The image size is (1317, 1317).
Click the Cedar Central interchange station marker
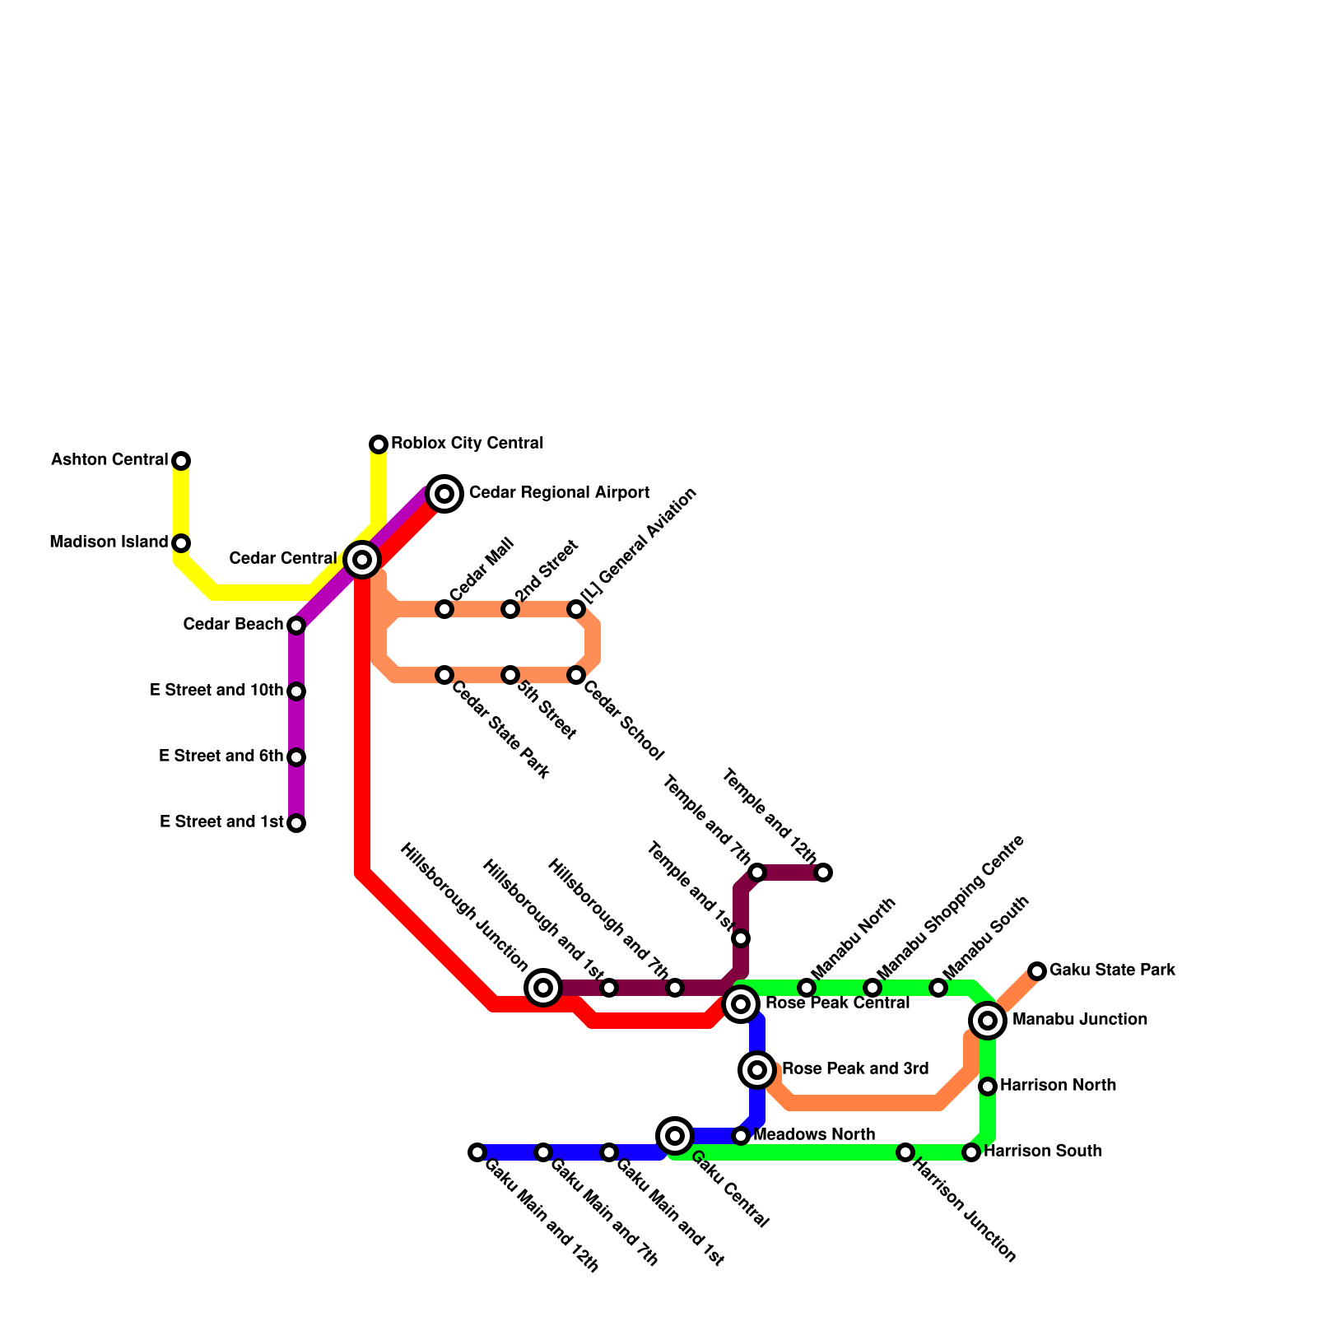click(361, 560)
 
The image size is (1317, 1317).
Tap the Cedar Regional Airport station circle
click(444, 494)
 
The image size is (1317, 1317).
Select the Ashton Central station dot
click(181, 461)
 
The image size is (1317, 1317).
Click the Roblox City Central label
click(467, 444)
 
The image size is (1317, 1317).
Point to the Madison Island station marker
click(181, 543)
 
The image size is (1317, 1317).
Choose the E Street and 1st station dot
click(296, 823)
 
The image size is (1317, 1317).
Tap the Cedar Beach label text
click(233, 625)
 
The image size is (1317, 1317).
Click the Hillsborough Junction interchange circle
click(543, 987)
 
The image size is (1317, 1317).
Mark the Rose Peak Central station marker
click(741, 1003)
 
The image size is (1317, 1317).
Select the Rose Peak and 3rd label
click(855, 1069)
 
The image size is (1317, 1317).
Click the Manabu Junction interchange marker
click(988, 1021)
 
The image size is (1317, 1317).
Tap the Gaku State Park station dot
click(1037, 971)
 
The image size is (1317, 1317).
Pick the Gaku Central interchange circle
click(675, 1136)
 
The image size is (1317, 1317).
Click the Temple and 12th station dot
click(823, 873)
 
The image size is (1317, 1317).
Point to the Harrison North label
click(1058, 1086)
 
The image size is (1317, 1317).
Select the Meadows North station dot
click(741, 1136)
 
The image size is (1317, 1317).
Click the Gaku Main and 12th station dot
click(477, 1152)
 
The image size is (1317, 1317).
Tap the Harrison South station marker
click(971, 1152)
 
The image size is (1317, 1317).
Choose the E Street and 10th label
click(216, 691)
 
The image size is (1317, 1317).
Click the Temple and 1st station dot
click(741, 938)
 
